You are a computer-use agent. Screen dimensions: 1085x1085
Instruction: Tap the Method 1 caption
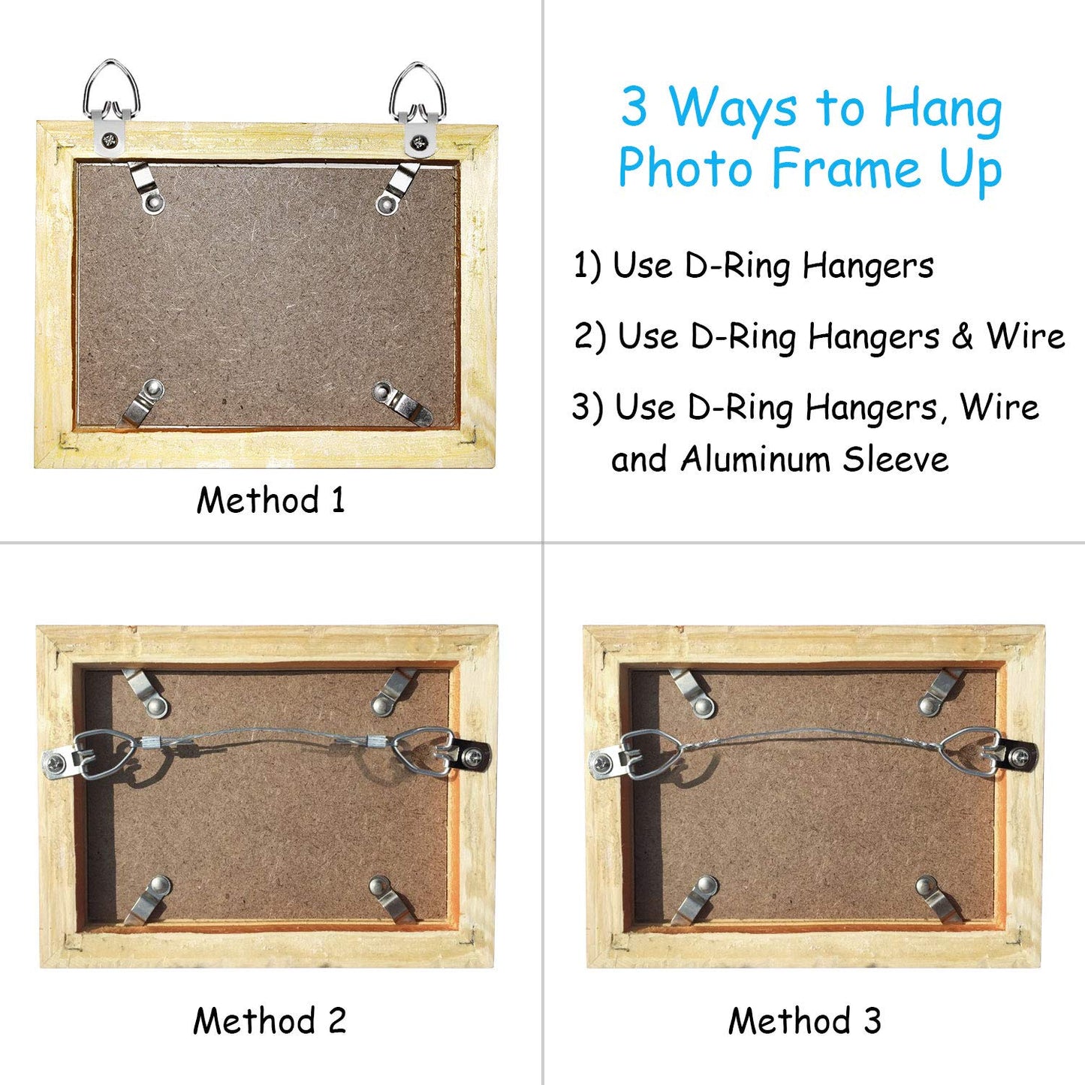tap(270, 500)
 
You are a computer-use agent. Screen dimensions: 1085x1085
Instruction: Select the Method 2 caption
tap(270, 1021)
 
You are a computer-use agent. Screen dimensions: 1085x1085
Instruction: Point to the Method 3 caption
tap(804, 1021)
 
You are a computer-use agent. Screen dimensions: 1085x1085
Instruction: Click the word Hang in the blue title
tap(942, 109)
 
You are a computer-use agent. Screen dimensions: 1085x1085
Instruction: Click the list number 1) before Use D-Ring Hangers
tap(587, 266)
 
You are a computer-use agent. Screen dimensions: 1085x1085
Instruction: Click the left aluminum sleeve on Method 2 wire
tap(152, 743)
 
